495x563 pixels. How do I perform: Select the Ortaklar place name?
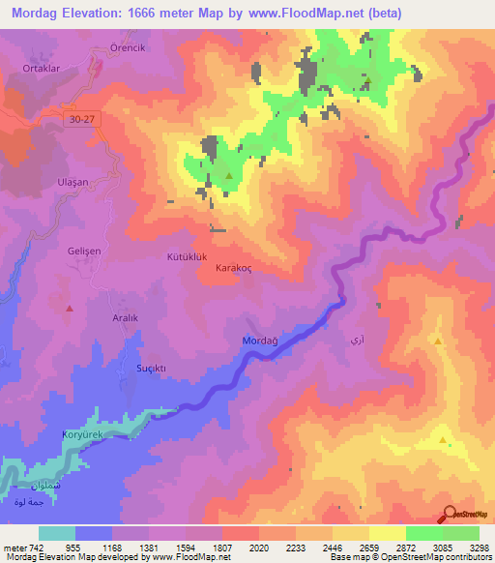(x=42, y=68)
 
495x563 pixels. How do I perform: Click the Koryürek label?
(x=82, y=435)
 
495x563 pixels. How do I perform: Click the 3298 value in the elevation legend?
(x=478, y=547)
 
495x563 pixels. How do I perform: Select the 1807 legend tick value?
(x=221, y=547)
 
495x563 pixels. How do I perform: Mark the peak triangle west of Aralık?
(x=69, y=309)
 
